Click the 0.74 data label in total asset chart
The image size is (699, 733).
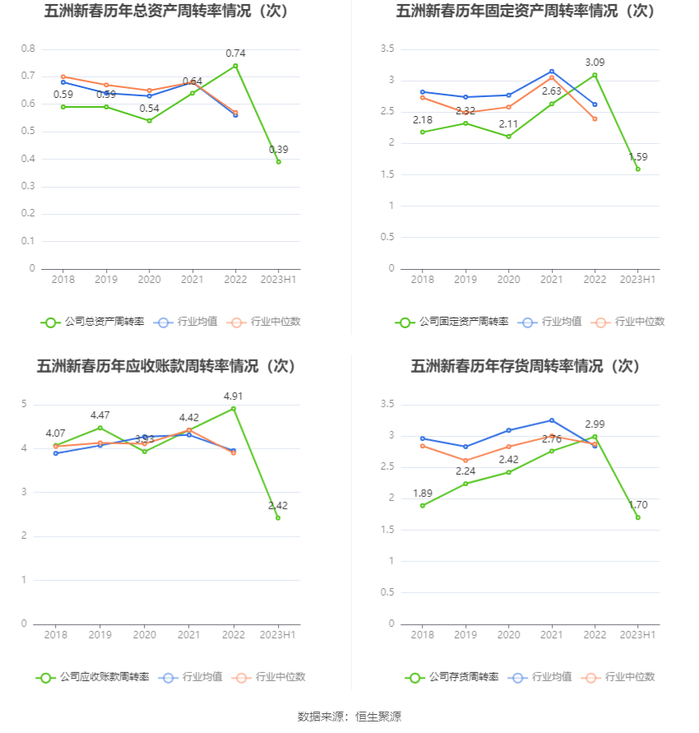click(236, 53)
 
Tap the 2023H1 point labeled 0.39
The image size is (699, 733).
click(279, 161)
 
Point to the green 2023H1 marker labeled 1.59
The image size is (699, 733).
click(637, 169)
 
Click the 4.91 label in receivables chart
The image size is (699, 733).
click(234, 397)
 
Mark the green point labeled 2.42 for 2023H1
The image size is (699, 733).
click(278, 517)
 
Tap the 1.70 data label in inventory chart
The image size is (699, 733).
click(638, 505)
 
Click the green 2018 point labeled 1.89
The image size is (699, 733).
click(423, 505)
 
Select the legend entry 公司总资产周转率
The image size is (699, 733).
click(92, 322)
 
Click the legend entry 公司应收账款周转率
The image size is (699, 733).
click(92, 677)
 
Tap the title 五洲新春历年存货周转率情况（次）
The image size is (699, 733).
click(525, 366)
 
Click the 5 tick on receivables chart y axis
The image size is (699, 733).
click(25, 404)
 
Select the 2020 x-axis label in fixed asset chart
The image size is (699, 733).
click(509, 280)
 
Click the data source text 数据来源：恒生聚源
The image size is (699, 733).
click(349, 717)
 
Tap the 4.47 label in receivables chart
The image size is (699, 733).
click(100, 415)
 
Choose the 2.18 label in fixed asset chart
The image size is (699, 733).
click(422, 120)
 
